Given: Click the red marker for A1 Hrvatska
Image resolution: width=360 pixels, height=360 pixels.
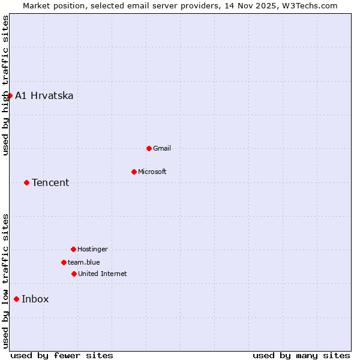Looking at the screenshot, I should (10, 95).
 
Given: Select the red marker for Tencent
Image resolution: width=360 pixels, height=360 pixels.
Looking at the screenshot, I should (26, 182).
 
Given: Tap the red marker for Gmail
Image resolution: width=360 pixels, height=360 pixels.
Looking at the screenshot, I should (149, 148).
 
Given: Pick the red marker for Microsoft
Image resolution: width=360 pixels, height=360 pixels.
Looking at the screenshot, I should (134, 172).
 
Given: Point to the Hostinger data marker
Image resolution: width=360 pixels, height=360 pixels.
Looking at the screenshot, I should (73, 249).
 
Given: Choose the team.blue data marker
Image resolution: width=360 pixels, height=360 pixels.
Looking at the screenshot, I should (64, 262).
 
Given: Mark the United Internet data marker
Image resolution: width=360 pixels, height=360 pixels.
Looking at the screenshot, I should (74, 274).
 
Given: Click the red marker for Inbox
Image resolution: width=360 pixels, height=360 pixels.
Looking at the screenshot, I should (16, 299).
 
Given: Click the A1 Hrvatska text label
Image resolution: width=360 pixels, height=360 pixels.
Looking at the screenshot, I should (44, 95).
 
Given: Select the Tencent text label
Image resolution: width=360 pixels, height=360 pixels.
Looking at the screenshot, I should (50, 182).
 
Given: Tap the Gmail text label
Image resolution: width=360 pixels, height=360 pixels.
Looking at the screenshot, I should (162, 148).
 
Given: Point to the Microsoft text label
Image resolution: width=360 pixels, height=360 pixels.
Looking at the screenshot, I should (152, 172).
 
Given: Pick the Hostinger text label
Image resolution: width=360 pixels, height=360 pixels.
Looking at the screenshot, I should (92, 249).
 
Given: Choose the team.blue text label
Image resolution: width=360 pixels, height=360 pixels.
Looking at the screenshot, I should (84, 262).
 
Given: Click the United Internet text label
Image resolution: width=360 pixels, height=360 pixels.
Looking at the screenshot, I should (103, 274).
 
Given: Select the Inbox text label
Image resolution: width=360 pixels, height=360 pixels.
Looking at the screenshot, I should (35, 299).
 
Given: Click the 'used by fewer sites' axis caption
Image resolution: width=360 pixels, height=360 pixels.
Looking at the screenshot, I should (62, 355).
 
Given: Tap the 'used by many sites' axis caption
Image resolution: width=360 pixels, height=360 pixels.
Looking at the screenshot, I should (301, 355).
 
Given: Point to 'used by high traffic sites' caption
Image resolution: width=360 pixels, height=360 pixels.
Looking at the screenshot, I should (5, 85).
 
